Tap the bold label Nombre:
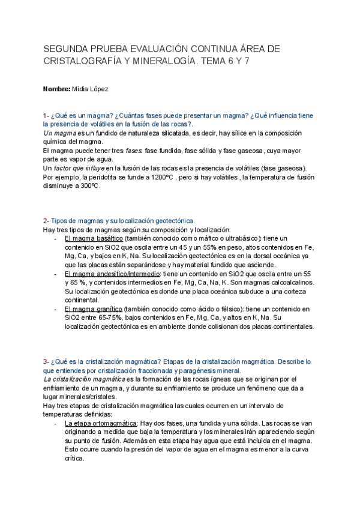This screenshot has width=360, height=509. [x=56, y=89]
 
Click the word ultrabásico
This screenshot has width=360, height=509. [x=220, y=239]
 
